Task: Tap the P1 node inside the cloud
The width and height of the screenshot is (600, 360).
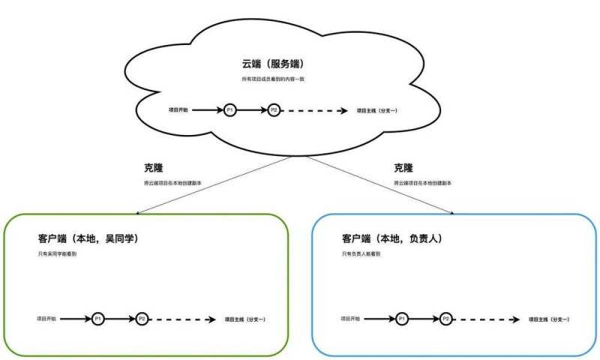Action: [x=229, y=110]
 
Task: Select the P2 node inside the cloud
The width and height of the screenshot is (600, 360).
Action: [x=274, y=110]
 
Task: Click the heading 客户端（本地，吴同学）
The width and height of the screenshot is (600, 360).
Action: [x=89, y=238]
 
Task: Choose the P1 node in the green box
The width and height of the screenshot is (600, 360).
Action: [x=97, y=319]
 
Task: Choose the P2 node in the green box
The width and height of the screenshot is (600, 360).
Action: [x=142, y=319]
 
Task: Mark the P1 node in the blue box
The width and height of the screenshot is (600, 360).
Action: [x=402, y=319]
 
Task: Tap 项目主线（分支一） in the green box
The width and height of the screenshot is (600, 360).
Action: [x=245, y=319]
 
